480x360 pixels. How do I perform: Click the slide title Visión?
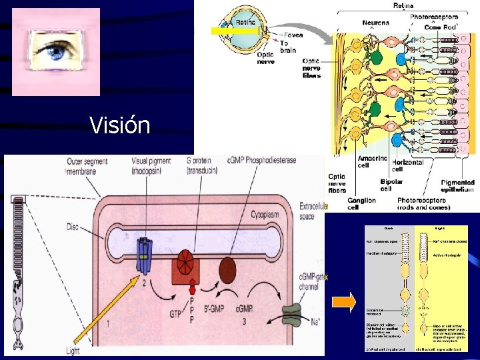[x=121, y=125]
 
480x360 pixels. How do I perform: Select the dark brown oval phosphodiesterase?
[x=228, y=269]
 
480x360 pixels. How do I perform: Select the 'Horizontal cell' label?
[x=408, y=167]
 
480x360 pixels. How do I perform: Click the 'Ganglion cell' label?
[x=361, y=203]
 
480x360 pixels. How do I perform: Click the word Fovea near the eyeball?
[x=293, y=35]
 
